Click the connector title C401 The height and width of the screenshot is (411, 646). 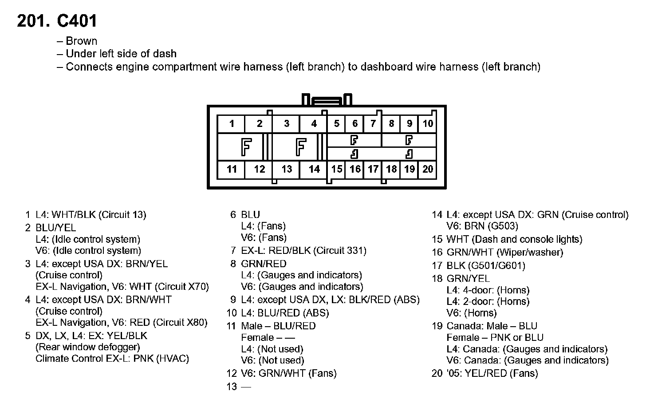[77, 21]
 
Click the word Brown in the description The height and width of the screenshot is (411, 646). [81, 41]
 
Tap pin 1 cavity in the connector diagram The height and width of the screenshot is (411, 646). [232, 124]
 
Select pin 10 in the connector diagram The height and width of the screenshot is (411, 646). [428, 124]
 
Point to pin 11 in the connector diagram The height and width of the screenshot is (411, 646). [232, 169]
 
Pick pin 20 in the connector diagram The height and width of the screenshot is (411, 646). [428, 169]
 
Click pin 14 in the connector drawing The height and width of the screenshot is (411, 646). [314, 169]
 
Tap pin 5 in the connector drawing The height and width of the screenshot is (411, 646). [337, 124]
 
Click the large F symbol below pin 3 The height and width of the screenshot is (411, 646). [301, 147]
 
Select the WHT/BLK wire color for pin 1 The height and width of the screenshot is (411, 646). [74, 215]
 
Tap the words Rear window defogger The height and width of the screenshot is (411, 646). [88, 347]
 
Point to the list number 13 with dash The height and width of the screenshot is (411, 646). [238, 387]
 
